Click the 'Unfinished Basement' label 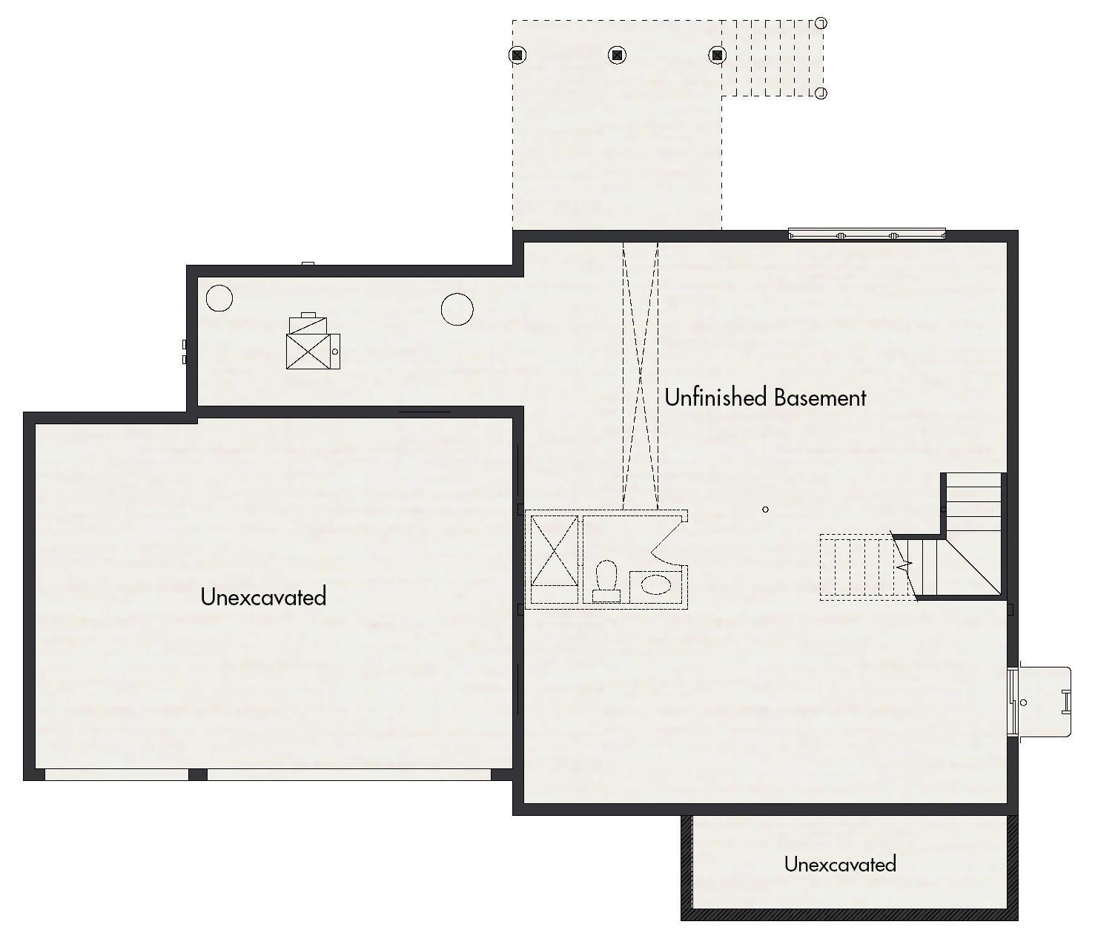point(765,398)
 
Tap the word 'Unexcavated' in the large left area point(263,596)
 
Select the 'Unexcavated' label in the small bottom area point(840,864)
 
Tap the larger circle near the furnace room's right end point(457,309)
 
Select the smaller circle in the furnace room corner point(219,298)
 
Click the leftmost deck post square point(517,55)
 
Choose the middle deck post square point(617,55)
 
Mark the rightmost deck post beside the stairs point(717,55)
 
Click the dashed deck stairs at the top point(771,59)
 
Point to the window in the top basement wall point(867,235)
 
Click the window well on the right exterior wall point(1042,702)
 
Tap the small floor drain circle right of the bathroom point(765,510)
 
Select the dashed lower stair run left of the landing point(860,567)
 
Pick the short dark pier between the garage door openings point(197,774)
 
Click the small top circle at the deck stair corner point(821,24)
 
